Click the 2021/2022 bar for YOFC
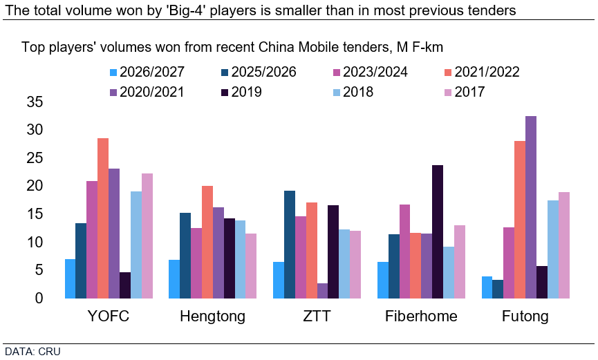pos(103,218)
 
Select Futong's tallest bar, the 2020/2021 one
pos(531,207)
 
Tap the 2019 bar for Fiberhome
pos(438,231)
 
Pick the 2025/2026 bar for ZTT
pos(290,245)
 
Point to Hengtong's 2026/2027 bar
pos(174,279)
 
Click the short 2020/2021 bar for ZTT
pos(322,291)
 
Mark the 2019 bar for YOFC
pos(125,285)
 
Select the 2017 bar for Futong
pos(564,245)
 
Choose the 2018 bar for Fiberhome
pos(449,272)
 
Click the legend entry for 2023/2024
pos(371,72)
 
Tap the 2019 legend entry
pos(241,92)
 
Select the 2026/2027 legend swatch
pos(113,72)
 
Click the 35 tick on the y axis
pos(35,102)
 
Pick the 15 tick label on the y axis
pos(35,214)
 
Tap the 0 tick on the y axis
pos(39,299)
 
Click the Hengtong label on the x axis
pos(212,316)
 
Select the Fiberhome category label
pos(421,316)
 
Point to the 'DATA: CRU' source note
pos(32,351)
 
